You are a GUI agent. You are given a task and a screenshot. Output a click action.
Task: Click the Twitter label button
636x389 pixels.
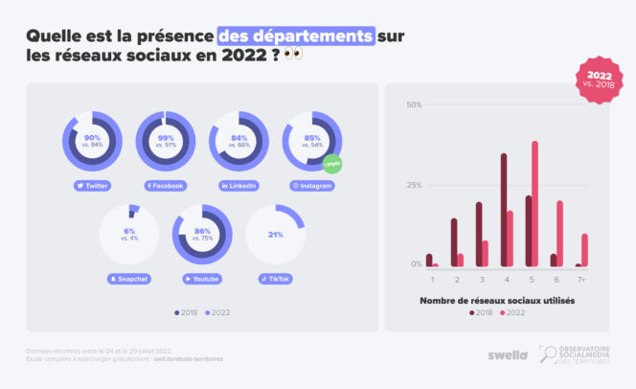click(x=92, y=185)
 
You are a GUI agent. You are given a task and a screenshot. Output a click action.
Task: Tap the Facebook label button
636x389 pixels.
click(x=165, y=185)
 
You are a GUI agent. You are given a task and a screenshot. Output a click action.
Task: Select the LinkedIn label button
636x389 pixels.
click(x=238, y=185)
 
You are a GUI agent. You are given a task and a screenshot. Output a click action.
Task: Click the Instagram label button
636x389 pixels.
click(x=312, y=185)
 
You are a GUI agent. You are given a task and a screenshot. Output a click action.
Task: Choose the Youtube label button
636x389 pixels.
click(x=201, y=279)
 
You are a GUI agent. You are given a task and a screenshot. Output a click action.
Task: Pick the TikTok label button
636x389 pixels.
click(x=275, y=279)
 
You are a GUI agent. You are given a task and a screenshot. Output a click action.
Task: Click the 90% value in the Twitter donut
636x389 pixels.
click(x=93, y=138)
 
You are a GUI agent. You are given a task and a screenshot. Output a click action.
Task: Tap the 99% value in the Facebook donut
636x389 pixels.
click(x=166, y=138)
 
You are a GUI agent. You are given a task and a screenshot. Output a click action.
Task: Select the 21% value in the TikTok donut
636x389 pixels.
click(x=275, y=234)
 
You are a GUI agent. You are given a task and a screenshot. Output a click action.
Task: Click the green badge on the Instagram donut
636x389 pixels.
click(x=331, y=163)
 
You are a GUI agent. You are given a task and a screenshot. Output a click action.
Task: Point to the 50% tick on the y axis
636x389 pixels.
click(x=415, y=105)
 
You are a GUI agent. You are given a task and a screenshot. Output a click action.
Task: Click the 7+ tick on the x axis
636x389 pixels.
click(x=581, y=279)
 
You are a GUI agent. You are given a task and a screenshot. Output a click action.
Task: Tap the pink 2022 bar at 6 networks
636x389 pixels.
click(x=559, y=233)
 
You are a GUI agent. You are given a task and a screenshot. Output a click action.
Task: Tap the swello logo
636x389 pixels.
click(x=508, y=355)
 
